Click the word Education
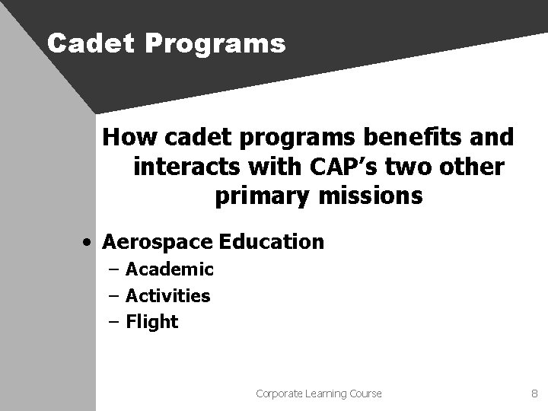tap(272, 242)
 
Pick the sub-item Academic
tap(169, 269)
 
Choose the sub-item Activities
tap(167, 295)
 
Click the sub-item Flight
tap(151, 322)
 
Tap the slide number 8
tap(534, 393)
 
